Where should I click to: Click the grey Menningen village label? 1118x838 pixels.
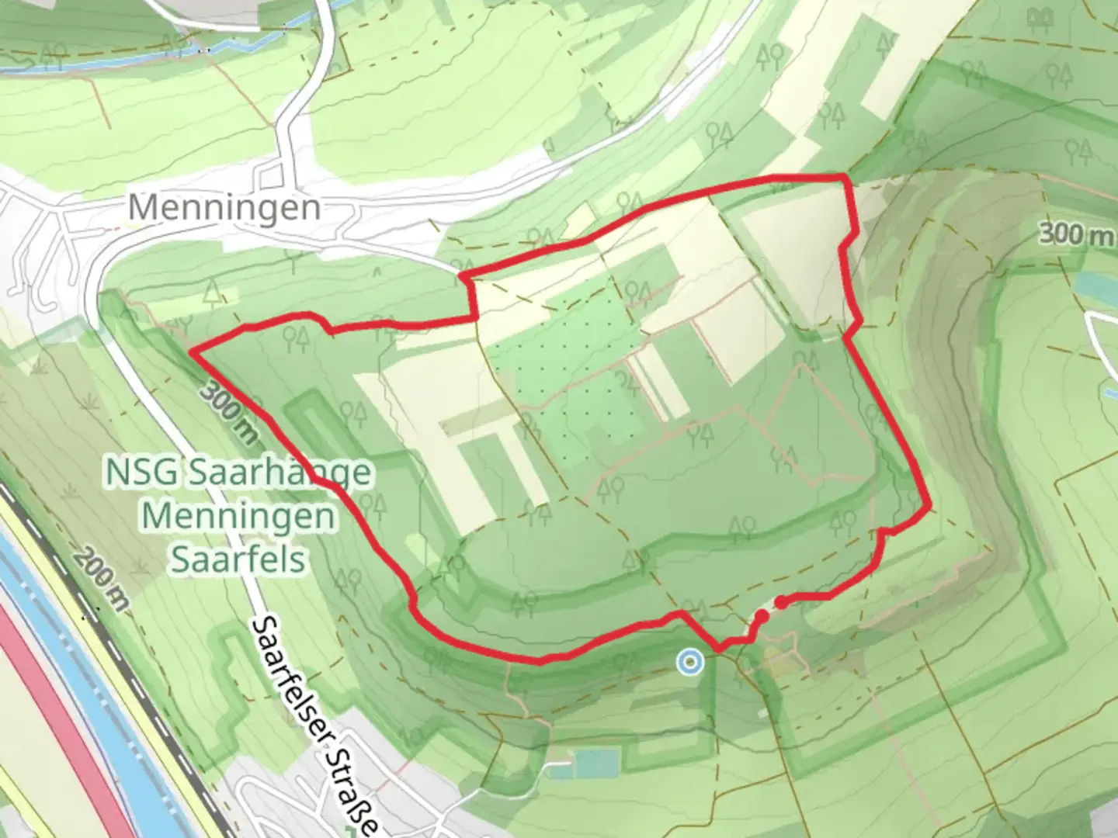click(x=224, y=207)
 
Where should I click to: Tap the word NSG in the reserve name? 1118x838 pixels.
click(x=141, y=473)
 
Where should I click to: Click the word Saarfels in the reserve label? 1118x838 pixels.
click(x=238, y=559)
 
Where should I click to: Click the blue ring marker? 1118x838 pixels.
click(x=689, y=662)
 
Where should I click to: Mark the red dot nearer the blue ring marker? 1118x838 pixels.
click(x=762, y=615)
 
